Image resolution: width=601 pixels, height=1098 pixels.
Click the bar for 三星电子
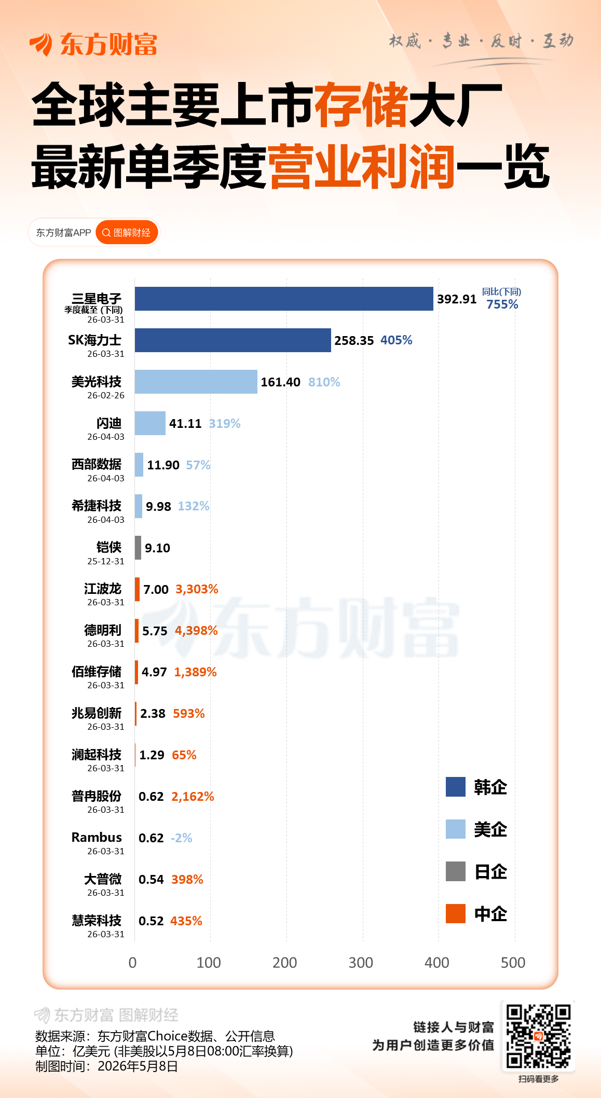[284, 299]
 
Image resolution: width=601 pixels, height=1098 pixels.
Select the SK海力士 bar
[233, 340]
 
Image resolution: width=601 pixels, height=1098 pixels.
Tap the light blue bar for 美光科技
[196, 382]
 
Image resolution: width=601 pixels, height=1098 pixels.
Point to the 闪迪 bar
[150, 423]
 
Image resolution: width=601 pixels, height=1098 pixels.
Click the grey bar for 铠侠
[138, 548]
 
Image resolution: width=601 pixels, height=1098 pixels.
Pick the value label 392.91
[457, 299]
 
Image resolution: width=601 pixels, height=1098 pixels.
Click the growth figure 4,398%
[196, 631]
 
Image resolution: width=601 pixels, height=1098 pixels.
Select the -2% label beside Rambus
[182, 838]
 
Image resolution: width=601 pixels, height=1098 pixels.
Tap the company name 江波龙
[103, 589]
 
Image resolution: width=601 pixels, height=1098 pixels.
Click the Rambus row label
[97, 837]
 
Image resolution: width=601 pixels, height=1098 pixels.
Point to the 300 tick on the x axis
[361, 963]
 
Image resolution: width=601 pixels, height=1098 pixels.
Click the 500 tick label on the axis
[513, 963]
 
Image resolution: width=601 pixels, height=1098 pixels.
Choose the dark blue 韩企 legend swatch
[456, 787]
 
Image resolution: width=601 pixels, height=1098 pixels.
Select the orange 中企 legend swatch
[456, 913]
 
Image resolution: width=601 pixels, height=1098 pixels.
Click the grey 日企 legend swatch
[456, 871]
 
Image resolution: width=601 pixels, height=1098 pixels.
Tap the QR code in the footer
[538, 1036]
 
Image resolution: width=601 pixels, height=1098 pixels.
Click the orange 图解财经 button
[127, 232]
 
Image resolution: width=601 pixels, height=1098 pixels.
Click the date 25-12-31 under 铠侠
[106, 561]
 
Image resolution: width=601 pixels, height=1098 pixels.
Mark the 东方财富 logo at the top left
[93, 44]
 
